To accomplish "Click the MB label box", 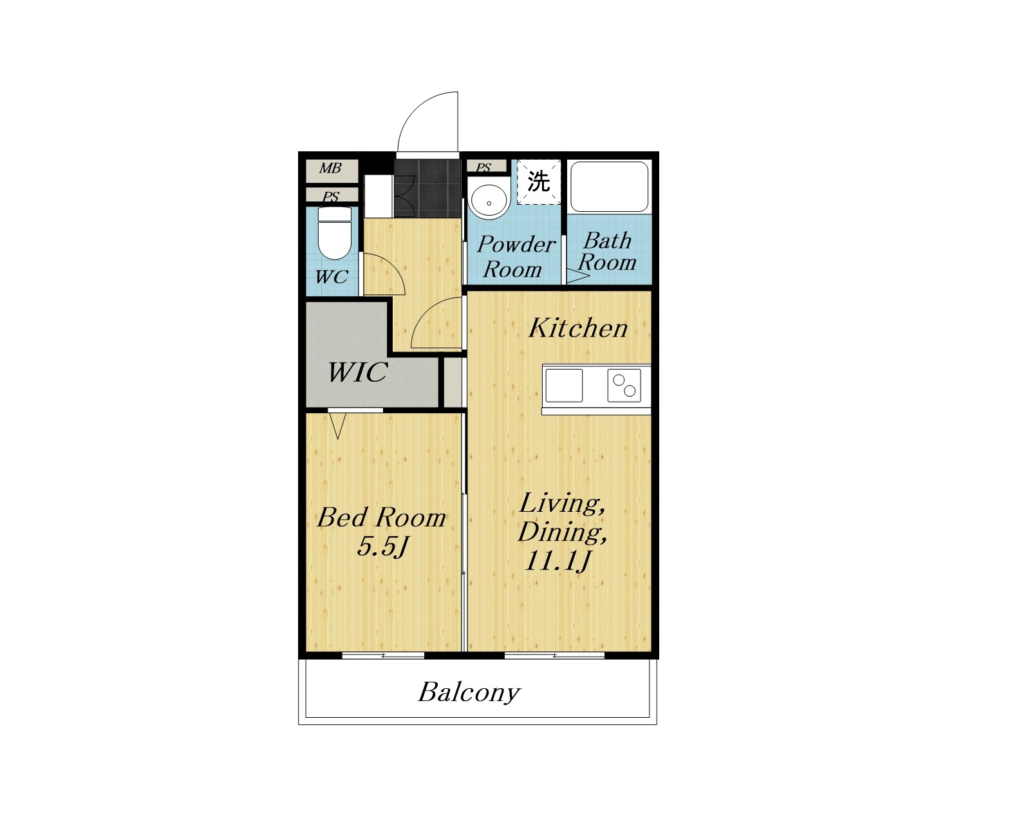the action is point(332,171).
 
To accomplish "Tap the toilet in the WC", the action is point(335,233).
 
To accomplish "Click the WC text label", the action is point(331,277).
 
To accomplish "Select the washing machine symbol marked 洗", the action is point(538,182).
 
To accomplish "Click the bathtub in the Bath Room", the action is point(609,187).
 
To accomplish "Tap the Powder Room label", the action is point(516,257).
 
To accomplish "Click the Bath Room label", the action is point(607,252).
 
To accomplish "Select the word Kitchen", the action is point(577,328).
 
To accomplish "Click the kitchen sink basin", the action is point(564,386).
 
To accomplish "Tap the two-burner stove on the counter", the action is point(624,386).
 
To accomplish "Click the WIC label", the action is point(357,373).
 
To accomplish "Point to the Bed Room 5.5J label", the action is point(382,532).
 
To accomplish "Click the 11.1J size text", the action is point(558,561).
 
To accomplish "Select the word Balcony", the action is point(469,692).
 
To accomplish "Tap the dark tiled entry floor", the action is point(427,189).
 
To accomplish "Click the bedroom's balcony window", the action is point(383,655).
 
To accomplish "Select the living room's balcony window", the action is point(554,655).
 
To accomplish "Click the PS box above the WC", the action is point(332,195).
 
